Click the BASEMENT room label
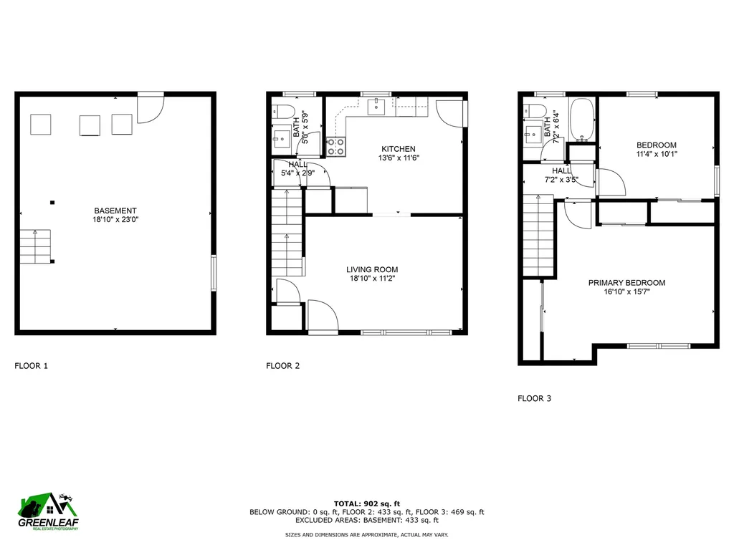pos(115,211)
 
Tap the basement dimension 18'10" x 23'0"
pos(115,220)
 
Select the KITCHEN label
pos(398,149)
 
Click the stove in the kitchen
pos(335,146)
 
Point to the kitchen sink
pos(376,107)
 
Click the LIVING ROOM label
pos(371,270)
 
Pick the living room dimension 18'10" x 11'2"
pos(371,279)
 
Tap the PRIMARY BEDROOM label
pos(626,283)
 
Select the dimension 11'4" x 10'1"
pos(656,154)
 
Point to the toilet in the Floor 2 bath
pos(283,111)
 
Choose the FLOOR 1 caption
pos(32,366)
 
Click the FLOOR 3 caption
pos(535,398)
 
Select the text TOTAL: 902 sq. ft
pos(366,503)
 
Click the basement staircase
pos(36,246)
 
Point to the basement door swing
pos(151,107)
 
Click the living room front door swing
pos(323,315)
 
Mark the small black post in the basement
pos(52,203)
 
